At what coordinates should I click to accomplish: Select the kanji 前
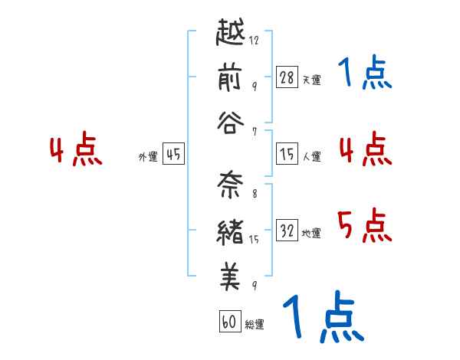(x=232, y=77)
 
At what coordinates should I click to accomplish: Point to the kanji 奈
(x=232, y=185)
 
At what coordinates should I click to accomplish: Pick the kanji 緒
(x=232, y=230)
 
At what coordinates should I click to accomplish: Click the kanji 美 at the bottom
(x=232, y=275)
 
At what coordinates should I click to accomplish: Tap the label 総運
(x=255, y=324)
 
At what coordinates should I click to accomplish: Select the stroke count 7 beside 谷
(x=255, y=131)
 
